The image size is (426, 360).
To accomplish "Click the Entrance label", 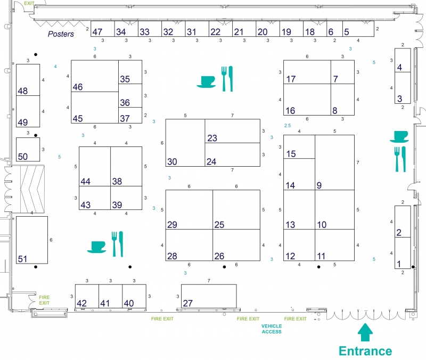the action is [x=365, y=351].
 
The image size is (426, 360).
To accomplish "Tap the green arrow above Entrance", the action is [x=365, y=332].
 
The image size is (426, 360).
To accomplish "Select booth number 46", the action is [x=95, y=76].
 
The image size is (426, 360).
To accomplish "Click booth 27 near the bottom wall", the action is [x=209, y=296].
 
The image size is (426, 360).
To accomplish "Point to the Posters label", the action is [x=61, y=34].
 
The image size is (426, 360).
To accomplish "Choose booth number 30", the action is [x=185, y=143].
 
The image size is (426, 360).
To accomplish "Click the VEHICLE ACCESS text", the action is [x=272, y=329].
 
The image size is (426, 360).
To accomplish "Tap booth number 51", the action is [x=32, y=240].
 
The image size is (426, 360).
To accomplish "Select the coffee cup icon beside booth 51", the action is [x=96, y=247].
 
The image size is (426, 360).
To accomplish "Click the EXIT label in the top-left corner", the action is [x=29, y=3].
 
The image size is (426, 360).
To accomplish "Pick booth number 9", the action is [x=334, y=162].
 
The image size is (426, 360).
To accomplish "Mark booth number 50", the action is [x=28, y=150].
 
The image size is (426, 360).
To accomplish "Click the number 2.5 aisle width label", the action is [x=288, y=126].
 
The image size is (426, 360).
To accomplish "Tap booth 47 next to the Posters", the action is [x=102, y=29].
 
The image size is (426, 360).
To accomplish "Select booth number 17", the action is [x=307, y=72].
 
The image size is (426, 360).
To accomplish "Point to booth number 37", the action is [x=130, y=115].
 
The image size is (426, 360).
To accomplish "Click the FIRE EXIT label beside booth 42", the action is [x=44, y=300].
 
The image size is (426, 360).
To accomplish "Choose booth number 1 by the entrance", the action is [x=403, y=253].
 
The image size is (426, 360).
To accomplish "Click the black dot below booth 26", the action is [x=224, y=267].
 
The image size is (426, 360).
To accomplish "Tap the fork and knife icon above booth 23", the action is [x=227, y=79].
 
